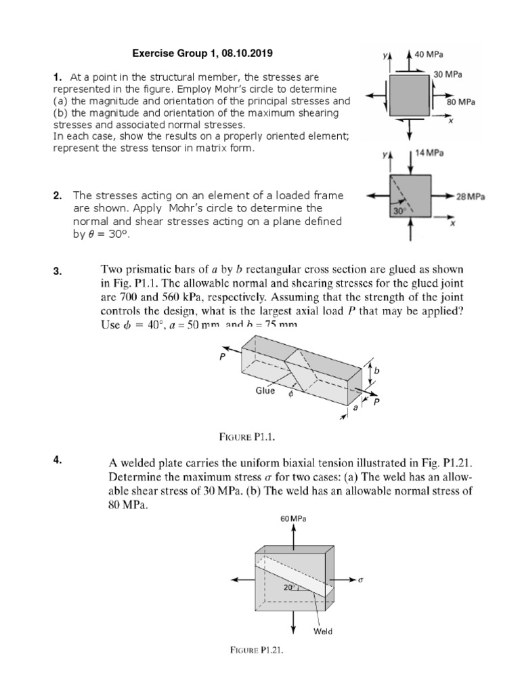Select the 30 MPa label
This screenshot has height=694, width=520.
pyautogui.click(x=447, y=74)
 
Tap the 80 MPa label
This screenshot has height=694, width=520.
pyautogui.click(x=461, y=102)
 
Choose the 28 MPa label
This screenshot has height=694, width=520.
pyautogui.click(x=470, y=196)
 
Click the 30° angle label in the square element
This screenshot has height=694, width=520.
pyautogui.click(x=398, y=211)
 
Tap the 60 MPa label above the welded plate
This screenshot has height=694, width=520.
pyautogui.click(x=293, y=518)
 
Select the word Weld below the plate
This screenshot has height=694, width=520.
pyautogui.click(x=323, y=632)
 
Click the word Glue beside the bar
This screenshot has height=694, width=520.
pyautogui.click(x=265, y=391)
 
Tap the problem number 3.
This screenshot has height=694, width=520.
pyautogui.click(x=58, y=272)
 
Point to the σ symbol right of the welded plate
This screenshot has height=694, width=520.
pyautogui.click(x=363, y=581)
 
